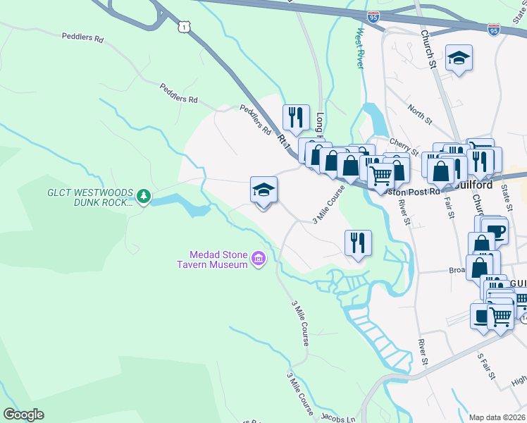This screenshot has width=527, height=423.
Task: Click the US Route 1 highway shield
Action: point(184,26)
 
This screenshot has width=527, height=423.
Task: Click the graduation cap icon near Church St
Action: point(459,59)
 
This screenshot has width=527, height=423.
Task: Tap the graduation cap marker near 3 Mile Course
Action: point(263,190)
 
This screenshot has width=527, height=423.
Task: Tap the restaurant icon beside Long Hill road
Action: point(296,117)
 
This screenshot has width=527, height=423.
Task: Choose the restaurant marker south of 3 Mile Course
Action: point(358,243)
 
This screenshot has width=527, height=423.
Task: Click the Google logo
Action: point(23,415)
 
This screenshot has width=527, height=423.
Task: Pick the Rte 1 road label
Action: point(284,141)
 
